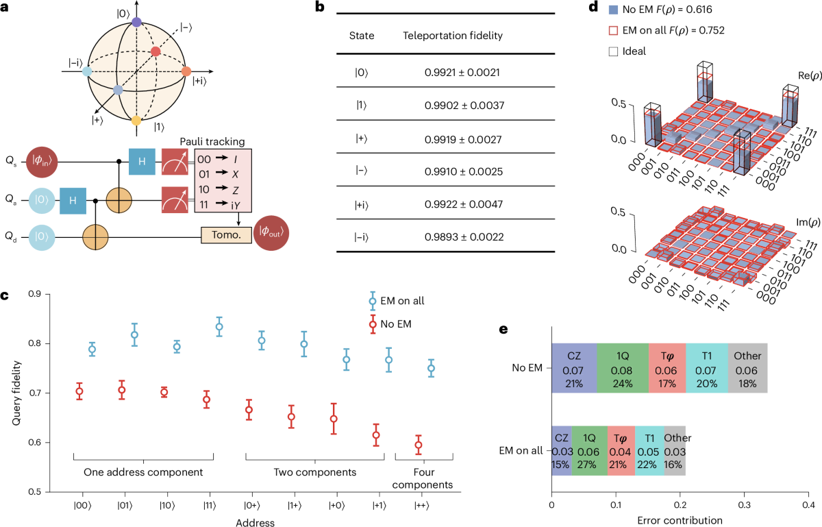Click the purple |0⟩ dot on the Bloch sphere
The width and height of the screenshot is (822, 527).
(x=136, y=22)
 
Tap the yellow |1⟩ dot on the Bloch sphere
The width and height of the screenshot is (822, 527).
(x=136, y=121)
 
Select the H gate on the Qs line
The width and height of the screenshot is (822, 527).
(x=142, y=162)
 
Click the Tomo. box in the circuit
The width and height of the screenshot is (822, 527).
(x=227, y=235)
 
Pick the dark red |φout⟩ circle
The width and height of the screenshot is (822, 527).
(x=271, y=233)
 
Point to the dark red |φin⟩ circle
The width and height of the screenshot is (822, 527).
(x=42, y=162)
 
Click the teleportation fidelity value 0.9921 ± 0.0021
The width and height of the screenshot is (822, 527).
(x=462, y=73)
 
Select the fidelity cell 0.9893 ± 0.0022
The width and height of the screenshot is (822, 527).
(x=464, y=237)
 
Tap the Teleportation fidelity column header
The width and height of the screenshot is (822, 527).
(x=453, y=36)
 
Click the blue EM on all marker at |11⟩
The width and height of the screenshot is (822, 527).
(x=219, y=326)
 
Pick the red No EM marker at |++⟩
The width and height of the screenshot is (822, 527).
(x=418, y=445)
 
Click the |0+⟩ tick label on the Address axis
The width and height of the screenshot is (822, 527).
(x=252, y=506)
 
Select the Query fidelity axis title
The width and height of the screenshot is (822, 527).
(x=16, y=393)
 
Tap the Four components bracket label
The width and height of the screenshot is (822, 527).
(x=423, y=478)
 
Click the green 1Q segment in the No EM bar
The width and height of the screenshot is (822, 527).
(x=623, y=368)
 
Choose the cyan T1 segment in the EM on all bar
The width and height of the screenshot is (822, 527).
(x=649, y=451)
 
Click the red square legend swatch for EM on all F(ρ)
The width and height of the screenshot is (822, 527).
(x=613, y=30)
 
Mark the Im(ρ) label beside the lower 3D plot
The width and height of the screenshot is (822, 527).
(x=808, y=223)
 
